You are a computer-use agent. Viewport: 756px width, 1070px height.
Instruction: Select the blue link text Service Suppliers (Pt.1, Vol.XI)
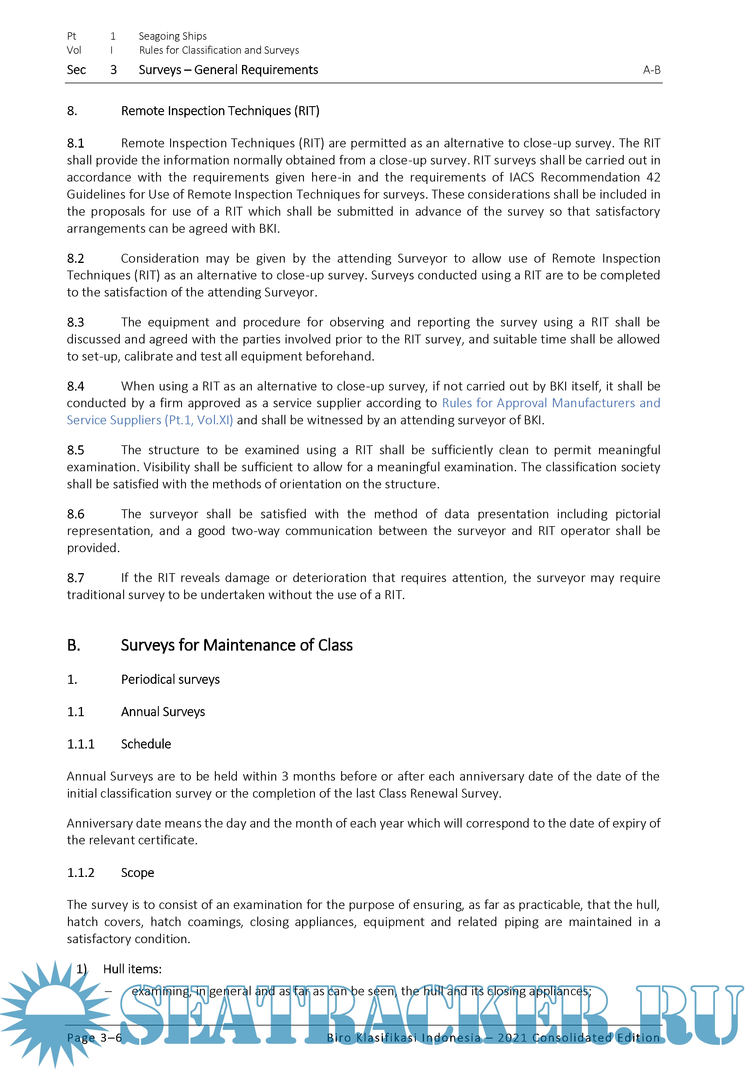click(x=149, y=420)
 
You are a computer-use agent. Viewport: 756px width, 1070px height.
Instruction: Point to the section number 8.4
click(x=76, y=386)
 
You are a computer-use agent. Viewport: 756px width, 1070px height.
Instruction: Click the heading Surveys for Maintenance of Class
click(x=236, y=645)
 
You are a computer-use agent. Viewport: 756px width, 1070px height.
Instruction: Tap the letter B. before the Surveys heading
click(x=73, y=645)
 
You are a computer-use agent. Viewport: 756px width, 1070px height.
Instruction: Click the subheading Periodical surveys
click(x=170, y=680)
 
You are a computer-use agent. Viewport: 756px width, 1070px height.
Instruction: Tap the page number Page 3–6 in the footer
click(x=94, y=1038)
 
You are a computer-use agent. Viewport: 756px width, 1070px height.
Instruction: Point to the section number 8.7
click(x=76, y=578)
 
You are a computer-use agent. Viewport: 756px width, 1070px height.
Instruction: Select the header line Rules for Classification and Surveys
click(x=219, y=50)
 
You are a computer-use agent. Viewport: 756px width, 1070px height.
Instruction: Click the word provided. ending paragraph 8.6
click(x=93, y=548)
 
